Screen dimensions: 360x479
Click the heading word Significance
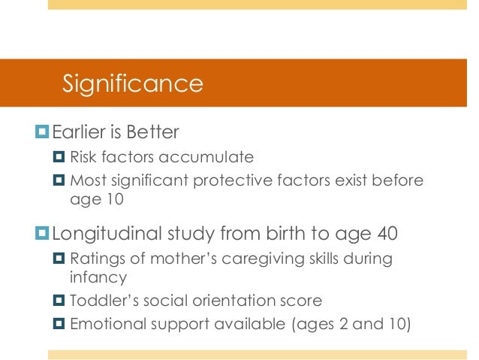pos(132,83)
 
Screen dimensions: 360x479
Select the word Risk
pos(84,159)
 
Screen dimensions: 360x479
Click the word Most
pos(86,180)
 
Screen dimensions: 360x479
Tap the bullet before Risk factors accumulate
pos(61,159)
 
